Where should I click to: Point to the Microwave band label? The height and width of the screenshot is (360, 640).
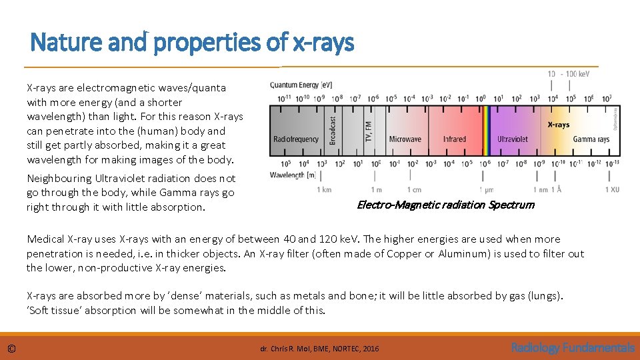pyautogui.click(x=405, y=139)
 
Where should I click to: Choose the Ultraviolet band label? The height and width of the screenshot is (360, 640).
pyautogui.click(x=513, y=139)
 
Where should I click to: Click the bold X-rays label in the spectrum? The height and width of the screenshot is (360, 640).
pyautogui.click(x=559, y=125)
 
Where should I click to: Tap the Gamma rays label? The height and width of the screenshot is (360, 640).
pyautogui.click(x=591, y=139)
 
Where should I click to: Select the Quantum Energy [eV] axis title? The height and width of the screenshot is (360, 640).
pyautogui.click(x=301, y=85)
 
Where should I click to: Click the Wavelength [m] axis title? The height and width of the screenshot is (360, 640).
pyautogui.click(x=292, y=175)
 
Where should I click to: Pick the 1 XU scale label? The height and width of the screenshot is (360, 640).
pyautogui.click(x=612, y=189)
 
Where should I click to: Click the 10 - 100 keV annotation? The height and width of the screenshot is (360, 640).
pyautogui.click(x=569, y=73)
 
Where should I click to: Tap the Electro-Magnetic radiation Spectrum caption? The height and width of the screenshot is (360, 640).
pyautogui.click(x=445, y=205)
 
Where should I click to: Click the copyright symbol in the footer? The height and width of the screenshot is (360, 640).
pyautogui.click(x=12, y=348)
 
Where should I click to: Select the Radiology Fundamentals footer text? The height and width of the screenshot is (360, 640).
pyautogui.click(x=573, y=347)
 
